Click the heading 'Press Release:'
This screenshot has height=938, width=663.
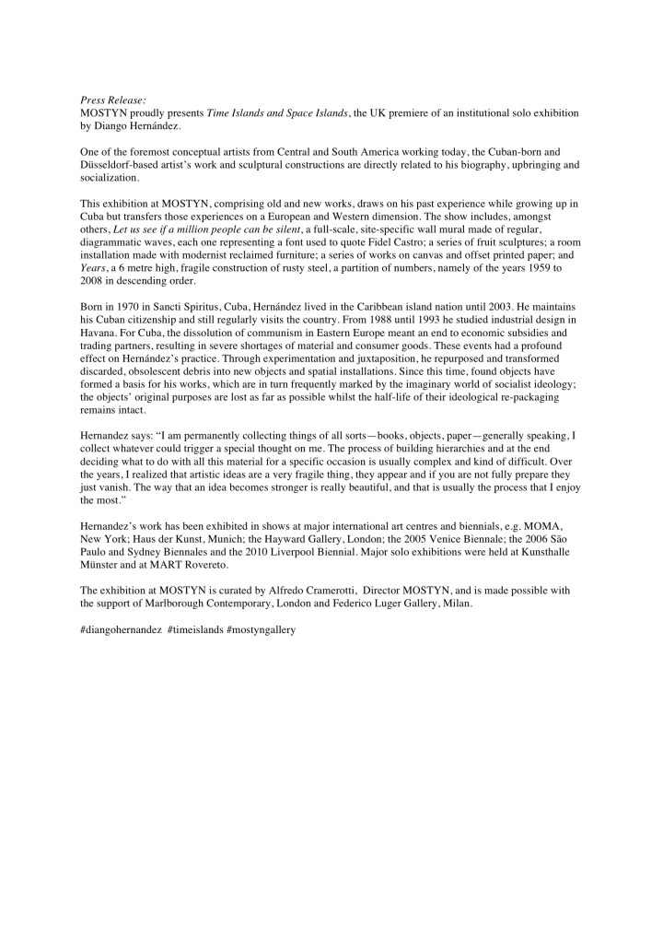click(109, 99)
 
